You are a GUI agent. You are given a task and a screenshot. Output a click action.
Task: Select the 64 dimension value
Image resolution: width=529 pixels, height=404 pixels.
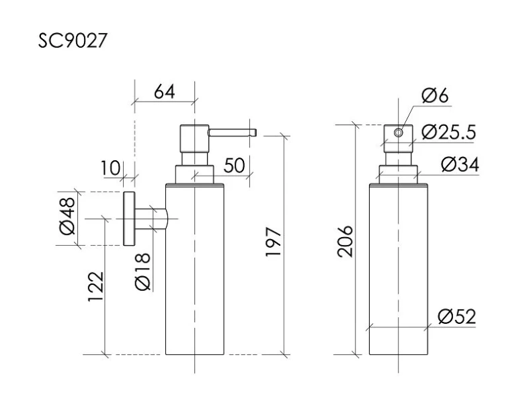[x=164, y=92]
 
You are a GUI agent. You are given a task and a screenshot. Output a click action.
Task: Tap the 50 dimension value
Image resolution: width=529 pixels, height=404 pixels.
[x=233, y=166]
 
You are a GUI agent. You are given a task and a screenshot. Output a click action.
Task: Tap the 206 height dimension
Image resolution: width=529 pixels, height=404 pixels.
[x=344, y=241]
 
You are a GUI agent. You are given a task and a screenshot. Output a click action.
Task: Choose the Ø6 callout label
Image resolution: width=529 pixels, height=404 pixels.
[x=435, y=96]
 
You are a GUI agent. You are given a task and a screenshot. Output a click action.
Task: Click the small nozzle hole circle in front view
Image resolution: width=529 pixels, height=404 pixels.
[x=399, y=133]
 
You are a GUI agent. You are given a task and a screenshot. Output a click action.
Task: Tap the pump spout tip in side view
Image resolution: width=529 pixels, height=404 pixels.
[x=253, y=132]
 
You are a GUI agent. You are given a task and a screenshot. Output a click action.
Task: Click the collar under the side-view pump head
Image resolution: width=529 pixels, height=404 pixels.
[x=194, y=173]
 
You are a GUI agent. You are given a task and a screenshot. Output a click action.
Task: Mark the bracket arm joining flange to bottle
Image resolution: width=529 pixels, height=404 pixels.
[x=151, y=220]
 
